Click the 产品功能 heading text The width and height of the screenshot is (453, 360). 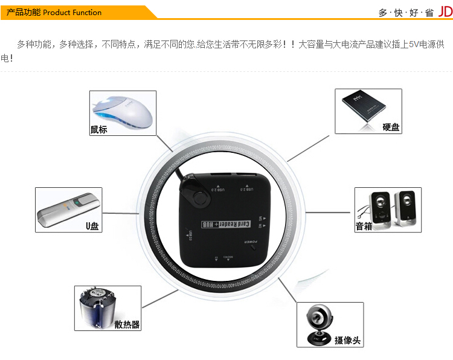pos(24,12)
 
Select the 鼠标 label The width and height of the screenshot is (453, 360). pos(98,129)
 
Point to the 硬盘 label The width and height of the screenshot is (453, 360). pos(391,127)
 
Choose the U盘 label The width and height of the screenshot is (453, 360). pos(91,227)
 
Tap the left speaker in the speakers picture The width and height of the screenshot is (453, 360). pos(380,208)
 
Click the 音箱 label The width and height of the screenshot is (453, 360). pos(364,227)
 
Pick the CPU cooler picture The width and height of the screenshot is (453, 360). pos(97,307)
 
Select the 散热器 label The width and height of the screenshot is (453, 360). pos(127,324)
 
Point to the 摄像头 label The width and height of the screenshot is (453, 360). pos(347,341)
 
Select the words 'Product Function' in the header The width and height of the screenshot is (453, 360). pos(72,12)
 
